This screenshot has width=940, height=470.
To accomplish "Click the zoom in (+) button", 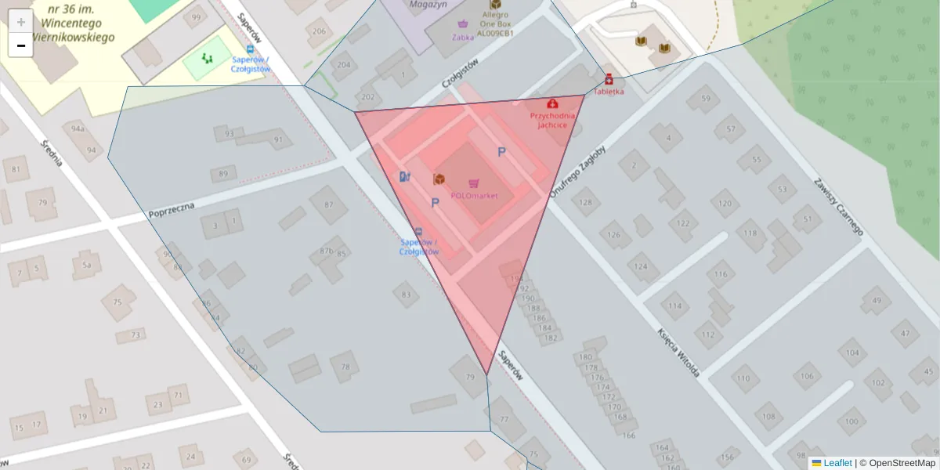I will [x=20, y=21].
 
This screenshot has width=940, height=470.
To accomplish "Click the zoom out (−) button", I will [x=20, y=45].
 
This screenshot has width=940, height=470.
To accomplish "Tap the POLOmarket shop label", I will [x=474, y=196].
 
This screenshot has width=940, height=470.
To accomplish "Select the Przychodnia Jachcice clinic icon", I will [x=553, y=103].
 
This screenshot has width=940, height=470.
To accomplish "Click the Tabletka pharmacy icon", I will [x=609, y=78].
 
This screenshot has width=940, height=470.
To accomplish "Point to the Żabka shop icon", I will [x=463, y=23].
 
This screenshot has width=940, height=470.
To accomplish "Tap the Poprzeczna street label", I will [x=172, y=209].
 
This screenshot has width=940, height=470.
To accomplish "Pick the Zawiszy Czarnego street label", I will [x=837, y=205].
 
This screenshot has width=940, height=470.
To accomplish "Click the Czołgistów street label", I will [x=459, y=74].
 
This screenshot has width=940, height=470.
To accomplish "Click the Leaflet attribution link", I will [x=837, y=463].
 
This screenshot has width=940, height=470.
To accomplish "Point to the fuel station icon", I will [x=404, y=176].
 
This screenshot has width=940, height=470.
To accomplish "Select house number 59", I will [x=706, y=99].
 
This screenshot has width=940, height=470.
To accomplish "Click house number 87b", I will [x=326, y=251].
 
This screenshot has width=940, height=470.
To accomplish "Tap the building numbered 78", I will [x=345, y=366].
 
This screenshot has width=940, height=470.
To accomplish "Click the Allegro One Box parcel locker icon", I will [x=495, y=5].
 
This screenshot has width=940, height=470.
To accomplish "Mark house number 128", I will [x=586, y=203].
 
